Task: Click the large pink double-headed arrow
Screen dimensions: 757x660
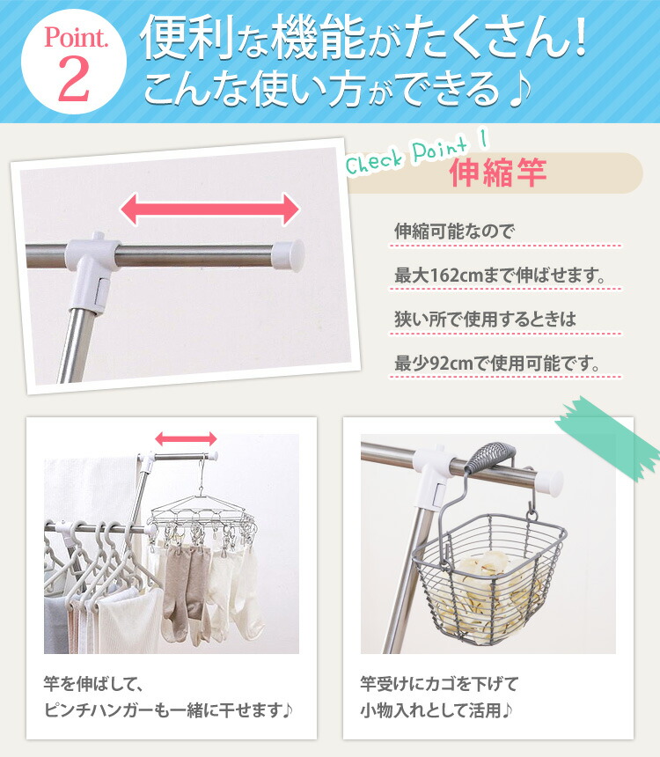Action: pyautogui.click(x=210, y=210)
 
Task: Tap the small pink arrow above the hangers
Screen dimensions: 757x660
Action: pyautogui.click(x=186, y=438)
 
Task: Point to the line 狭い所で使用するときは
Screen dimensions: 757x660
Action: pyautogui.click(x=485, y=320)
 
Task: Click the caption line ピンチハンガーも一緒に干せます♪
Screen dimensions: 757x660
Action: pyautogui.click(x=167, y=709)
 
